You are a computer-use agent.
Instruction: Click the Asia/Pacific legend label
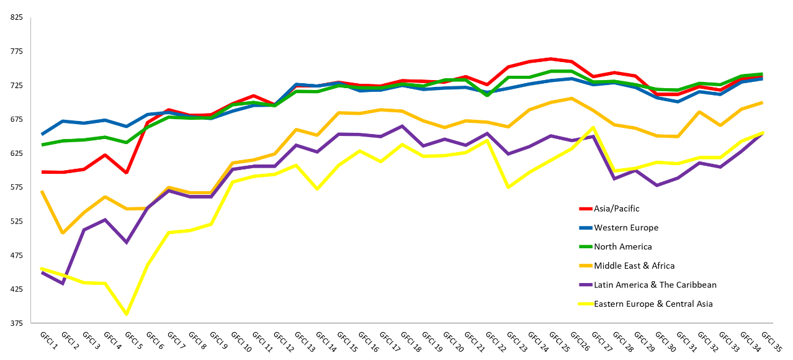click(x=616, y=209)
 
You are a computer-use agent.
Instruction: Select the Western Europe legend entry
click(x=626, y=228)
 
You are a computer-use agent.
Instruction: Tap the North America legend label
click(x=623, y=247)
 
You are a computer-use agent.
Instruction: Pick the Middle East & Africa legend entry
click(x=634, y=266)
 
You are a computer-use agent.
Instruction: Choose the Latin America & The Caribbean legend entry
click(x=655, y=285)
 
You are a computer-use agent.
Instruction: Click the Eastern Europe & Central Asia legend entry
click(x=653, y=304)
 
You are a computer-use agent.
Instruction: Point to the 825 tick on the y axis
click(x=17, y=17)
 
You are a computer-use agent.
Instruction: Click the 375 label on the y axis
click(x=17, y=323)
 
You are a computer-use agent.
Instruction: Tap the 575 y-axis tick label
click(x=17, y=187)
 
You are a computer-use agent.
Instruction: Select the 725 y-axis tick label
click(x=17, y=85)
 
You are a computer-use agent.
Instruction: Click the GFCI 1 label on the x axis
click(x=48, y=341)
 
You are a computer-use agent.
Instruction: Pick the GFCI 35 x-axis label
click(x=771, y=341)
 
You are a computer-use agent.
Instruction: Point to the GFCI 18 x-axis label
click(x=411, y=341)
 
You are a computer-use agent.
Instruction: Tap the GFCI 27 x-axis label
click(x=602, y=341)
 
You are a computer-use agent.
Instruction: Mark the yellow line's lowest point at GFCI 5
click(x=127, y=314)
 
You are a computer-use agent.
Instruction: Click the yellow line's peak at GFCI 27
click(x=593, y=127)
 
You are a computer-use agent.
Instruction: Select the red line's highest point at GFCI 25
click(x=550, y=59)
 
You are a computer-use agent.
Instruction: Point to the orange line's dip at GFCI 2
click(x=63, y=233)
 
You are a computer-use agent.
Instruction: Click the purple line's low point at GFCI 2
click(x=63, y=284)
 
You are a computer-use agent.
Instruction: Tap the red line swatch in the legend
click(x=586, y=209)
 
